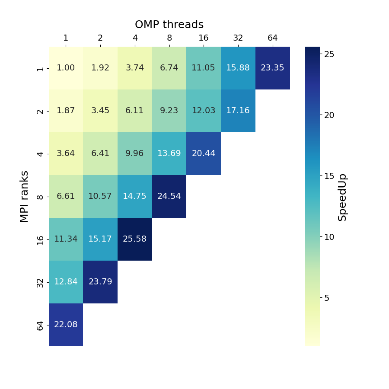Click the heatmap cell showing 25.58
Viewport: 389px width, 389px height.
(135, 239)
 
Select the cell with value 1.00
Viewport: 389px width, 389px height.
(66, 68)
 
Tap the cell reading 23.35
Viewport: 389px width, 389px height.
(272, 68)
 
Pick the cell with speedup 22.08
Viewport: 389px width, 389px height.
(66, 325)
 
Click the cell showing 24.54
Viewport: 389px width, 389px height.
(169, 196)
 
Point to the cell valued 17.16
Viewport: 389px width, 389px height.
(238, 111)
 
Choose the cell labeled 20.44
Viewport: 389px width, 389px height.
(204, 153)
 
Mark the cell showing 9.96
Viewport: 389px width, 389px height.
(135, 153)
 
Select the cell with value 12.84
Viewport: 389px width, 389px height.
(66, 282)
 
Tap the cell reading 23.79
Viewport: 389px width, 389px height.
(100, 282)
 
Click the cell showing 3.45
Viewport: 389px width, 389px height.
(100, 111)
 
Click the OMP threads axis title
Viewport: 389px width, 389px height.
(169, 25)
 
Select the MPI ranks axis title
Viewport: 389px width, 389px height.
(25, 196)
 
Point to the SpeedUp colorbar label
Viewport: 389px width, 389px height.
(342, 197)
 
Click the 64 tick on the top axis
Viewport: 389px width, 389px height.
(272, 38)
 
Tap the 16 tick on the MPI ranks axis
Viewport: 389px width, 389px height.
(40, 239)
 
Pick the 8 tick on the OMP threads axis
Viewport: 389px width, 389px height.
(169, 38)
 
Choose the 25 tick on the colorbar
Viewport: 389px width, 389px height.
(329, 54)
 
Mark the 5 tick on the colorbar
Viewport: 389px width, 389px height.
(327, 298)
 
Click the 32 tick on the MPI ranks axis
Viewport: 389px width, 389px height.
(40, 282)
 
